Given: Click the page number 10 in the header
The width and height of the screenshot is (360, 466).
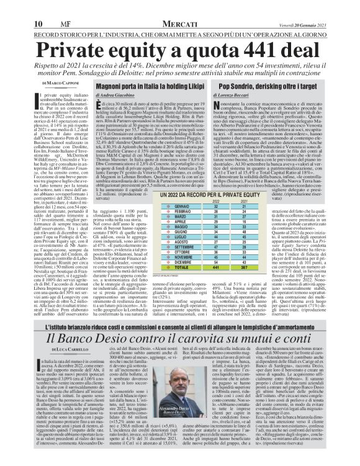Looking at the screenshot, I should [12, 7].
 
